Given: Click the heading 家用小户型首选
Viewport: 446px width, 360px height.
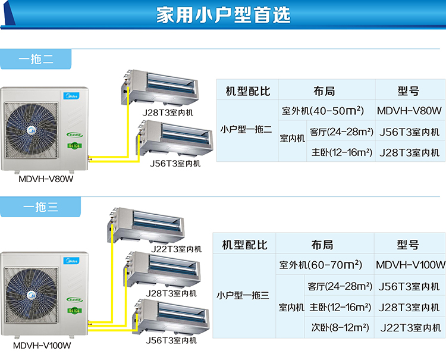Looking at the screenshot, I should pos(223,15).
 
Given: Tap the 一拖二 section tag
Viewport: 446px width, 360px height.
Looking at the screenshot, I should pos(36,59).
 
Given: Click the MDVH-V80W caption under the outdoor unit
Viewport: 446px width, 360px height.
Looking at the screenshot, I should pos(40,177).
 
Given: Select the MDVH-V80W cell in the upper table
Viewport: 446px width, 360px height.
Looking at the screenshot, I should pos(410,111).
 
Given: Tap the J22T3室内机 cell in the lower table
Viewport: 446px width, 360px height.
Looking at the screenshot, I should pos(410,327).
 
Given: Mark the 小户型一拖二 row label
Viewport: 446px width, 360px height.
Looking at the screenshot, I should pos(246,129).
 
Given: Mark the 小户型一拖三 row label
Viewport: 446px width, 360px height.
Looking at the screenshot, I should pos(243,295).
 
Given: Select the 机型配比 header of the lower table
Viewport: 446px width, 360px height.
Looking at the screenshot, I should pos(244,245).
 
